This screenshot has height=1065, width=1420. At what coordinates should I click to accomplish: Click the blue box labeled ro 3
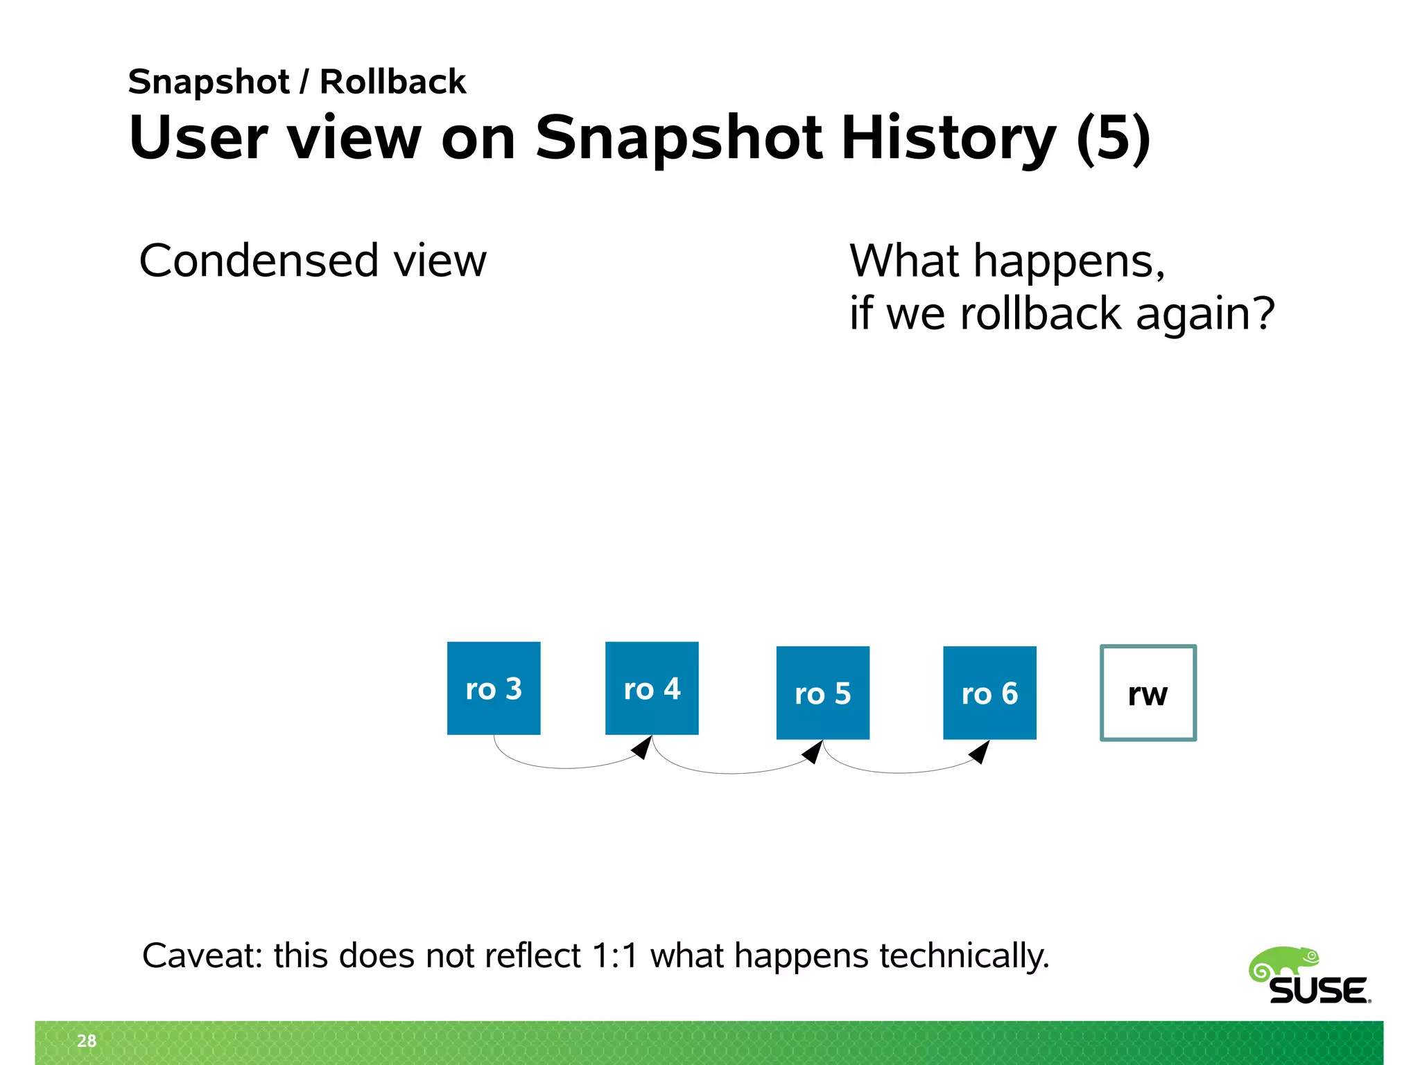click(494, 688)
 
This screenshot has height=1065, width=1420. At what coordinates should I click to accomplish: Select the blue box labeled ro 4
click(652, 688)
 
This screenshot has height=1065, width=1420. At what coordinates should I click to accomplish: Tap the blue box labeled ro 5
click(822, 693)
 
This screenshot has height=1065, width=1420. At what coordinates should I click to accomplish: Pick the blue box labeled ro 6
click(989, 693)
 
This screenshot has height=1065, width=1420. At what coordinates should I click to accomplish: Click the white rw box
click(1148, 693)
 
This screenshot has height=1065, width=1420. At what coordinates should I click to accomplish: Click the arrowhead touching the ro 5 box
click(813, 752)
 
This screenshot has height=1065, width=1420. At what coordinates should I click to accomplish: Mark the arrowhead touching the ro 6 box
click(980, 752)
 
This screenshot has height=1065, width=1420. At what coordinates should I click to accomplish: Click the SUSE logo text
click(1319, 991)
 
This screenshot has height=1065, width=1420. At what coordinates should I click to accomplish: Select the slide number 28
click(87, 1041)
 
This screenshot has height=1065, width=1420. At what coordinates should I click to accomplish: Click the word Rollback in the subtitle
click(392, 82)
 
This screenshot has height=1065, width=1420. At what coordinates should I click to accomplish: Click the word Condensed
click(259, 261)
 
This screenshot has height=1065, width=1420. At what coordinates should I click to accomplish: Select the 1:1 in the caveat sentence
click(614, 955)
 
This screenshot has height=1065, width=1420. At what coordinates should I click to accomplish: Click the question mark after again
click(1263, 313)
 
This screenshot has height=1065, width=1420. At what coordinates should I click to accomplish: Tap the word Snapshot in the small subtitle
click(209, 82)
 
